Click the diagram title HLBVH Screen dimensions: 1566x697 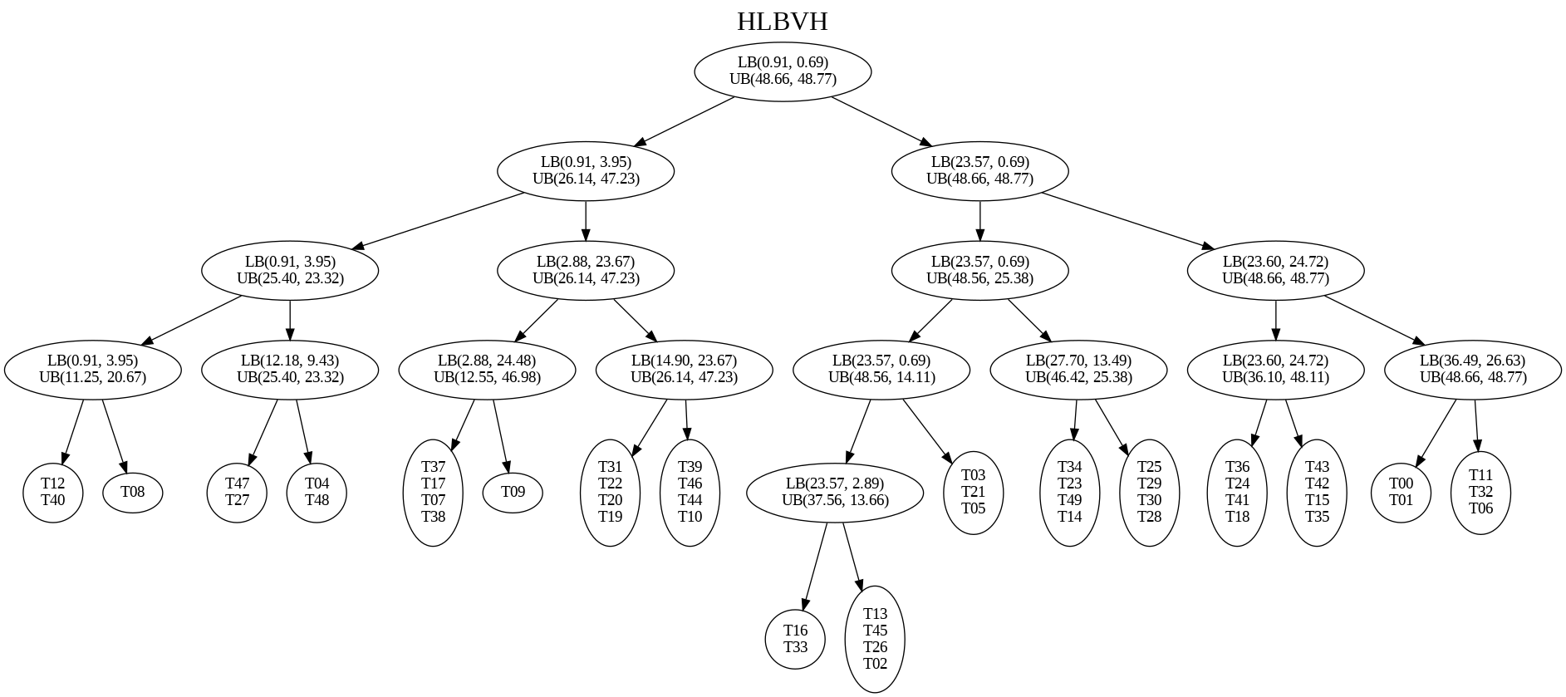[782, 22]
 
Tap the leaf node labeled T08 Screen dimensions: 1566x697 [133, 492]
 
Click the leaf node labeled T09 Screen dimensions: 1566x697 [513, 492]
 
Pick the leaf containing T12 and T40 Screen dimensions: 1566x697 [53, 492]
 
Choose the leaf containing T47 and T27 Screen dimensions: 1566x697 [237, 492]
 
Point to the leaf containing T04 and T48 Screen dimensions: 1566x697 [317, 492]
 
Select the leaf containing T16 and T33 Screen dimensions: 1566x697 [795, 639]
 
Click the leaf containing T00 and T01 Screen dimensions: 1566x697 [1402, 492]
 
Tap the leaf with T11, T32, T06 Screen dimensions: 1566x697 [1481, 492]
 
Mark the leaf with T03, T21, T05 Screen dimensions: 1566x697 [974, 492]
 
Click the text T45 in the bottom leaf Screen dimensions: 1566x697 [875, 631]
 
